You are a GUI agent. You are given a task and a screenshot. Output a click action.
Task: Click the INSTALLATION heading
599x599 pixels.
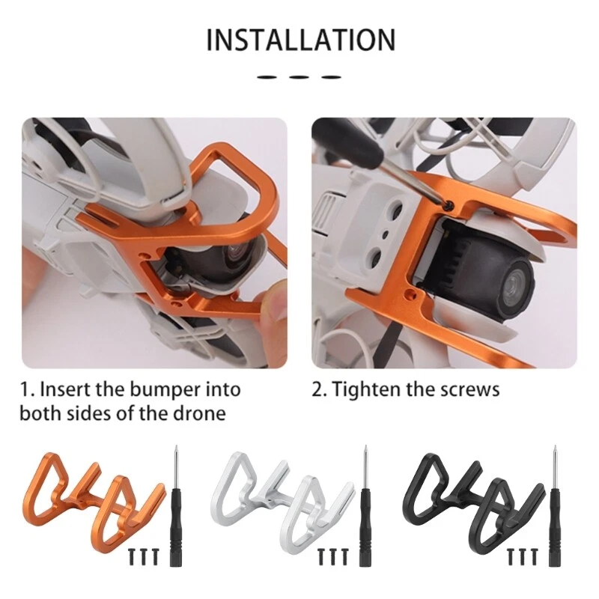tap(301, 40)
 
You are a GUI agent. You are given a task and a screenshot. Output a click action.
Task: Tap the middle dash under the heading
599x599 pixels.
tap(299, 77)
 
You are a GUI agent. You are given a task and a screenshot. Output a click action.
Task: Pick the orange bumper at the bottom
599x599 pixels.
tap(94, 504)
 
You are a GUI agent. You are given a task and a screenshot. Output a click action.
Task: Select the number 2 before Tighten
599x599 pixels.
tap(317, 390)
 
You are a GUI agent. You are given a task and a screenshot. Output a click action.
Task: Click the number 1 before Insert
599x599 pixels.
tap(25, 390)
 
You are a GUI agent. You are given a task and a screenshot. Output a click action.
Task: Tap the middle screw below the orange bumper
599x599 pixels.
tap(144, 557)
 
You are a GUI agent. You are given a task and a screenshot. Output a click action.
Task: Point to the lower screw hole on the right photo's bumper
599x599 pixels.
tap(410, 294)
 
